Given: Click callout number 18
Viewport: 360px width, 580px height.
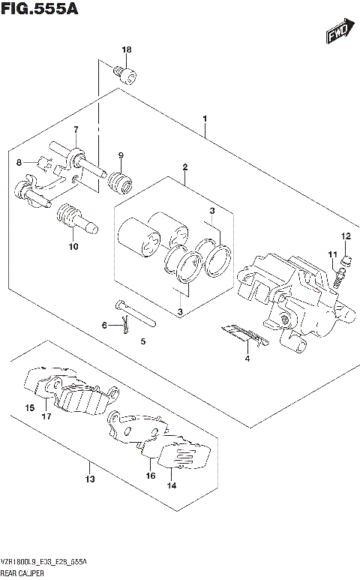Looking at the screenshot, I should point(126,50).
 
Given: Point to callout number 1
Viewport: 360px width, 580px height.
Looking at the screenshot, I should point(204,119).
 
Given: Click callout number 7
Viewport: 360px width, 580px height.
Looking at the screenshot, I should point(76,130).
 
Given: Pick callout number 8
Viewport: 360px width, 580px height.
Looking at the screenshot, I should point(19,162).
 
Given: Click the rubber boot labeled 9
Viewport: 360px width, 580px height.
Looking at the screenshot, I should point(119,182).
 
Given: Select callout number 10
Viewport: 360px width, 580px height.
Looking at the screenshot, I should point(73,246).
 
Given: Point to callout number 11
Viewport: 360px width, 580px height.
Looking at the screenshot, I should point(330,255).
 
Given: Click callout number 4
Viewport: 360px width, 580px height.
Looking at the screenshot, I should point(246,358).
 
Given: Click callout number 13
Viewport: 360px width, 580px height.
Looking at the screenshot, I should point(90,479).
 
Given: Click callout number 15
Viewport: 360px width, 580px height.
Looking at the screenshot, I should point(29,408).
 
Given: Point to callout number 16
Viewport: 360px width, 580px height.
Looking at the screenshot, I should point(150,476).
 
